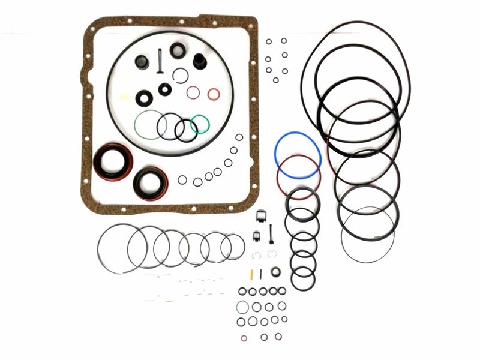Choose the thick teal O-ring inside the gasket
pyautogui.click(x=208, y=124)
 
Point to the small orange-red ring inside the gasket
pyautogui.click(x=214, y=94)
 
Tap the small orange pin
pyautogui.click(x=252, y=274)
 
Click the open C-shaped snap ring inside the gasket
pyautogui.click(x=180, y=75)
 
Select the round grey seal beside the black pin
pyautogui.click(x=275, y=272)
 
